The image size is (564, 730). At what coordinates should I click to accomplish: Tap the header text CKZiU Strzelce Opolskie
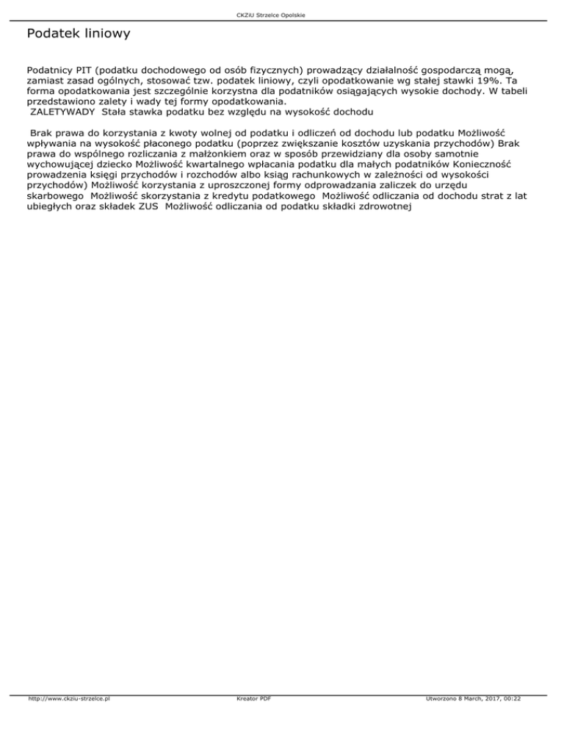(281, 15)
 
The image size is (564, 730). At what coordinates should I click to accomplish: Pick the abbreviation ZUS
(149, 207)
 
